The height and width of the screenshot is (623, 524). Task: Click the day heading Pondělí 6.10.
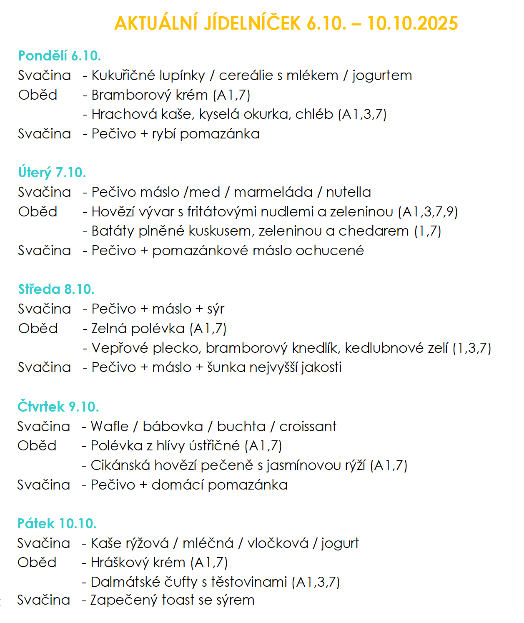point(60,56)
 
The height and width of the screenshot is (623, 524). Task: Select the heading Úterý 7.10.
point(52,173)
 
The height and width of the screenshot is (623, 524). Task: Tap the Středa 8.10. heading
point(56,289)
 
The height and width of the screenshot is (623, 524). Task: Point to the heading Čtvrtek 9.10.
point(58,407)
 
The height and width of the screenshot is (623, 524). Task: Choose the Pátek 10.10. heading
point(57,523)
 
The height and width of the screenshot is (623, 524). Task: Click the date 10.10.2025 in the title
point(412,23)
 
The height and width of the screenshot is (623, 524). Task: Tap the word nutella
point(348,192)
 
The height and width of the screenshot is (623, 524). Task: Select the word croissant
point(308,427)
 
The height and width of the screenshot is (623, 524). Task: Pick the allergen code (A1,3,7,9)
point(428,212)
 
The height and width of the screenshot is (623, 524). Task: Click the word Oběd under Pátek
point(37,563)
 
